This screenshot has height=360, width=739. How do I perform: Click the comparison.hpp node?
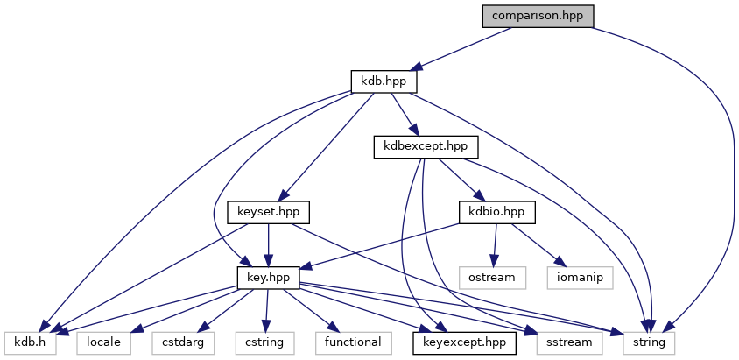[x=538, y=17]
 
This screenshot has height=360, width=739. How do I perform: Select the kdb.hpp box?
[x=383, y=81]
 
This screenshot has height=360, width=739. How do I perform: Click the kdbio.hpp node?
[x=496, y=211]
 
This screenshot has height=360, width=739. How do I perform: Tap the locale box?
[x=103, y=342]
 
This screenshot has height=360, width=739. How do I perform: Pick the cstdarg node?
[x=183, y=342]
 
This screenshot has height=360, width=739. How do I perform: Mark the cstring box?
[x=264, y=342]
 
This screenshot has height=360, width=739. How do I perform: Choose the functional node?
[x=354, y=342]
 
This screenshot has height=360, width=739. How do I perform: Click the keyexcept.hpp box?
[x=464, y=342]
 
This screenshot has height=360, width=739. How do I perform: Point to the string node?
[x=649, y=342]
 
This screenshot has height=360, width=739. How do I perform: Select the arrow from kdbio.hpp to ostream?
[x=496, y=244]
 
